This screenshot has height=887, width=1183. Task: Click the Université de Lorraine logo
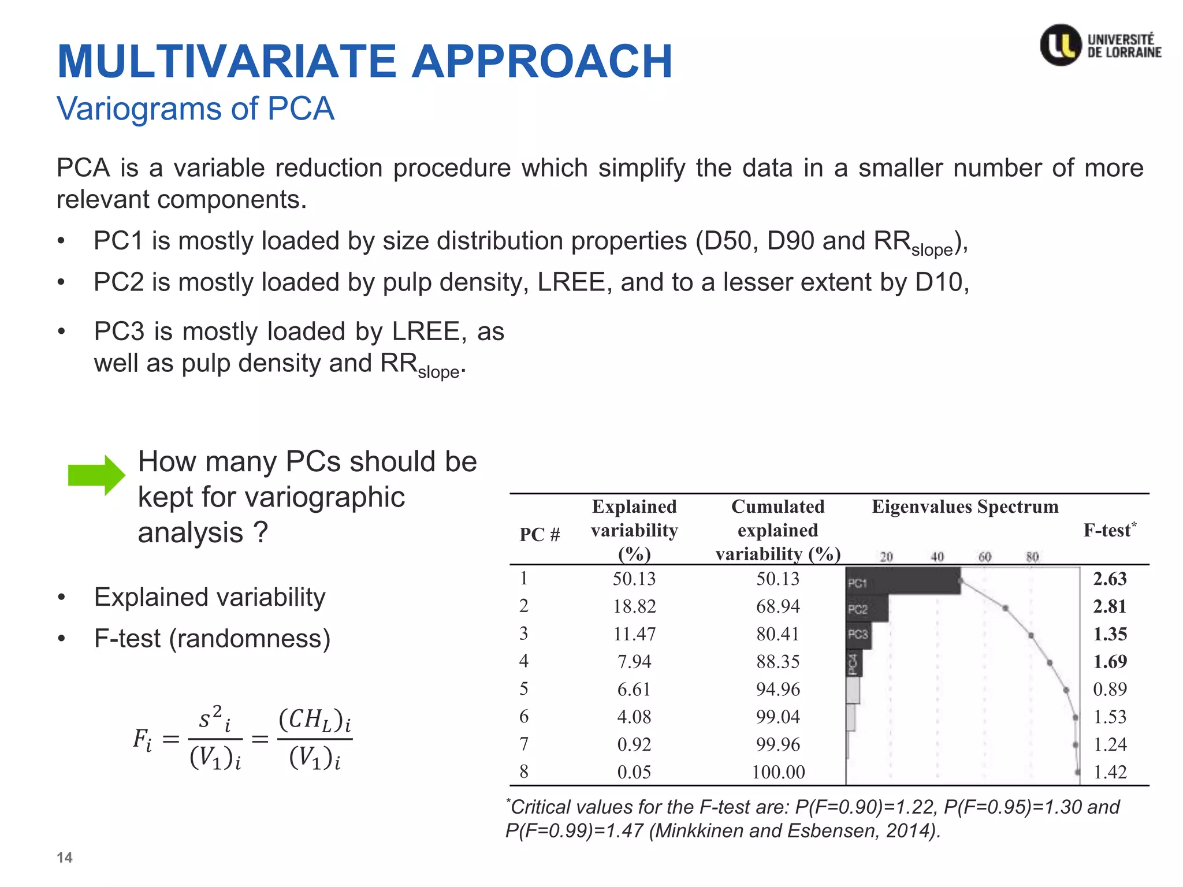1100,45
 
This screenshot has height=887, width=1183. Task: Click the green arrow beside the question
96,475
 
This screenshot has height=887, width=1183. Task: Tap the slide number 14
64,858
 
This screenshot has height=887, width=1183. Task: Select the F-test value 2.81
1110,606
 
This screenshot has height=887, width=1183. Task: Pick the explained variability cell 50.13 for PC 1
634,579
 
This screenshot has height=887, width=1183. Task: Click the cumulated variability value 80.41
777,634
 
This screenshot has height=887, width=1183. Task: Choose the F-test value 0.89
1110,689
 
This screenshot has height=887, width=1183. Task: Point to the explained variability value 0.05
634,772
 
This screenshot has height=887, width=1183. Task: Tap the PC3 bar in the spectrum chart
859,635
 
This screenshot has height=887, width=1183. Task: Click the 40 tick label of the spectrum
937,557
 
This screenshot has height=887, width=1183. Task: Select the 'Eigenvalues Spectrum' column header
965,507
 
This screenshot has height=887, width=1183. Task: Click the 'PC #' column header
540,535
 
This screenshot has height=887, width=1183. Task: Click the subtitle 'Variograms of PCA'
195,109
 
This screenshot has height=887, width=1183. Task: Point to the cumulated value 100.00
777,772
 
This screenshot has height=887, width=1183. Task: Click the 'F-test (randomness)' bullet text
212,639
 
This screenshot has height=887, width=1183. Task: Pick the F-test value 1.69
1110,661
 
